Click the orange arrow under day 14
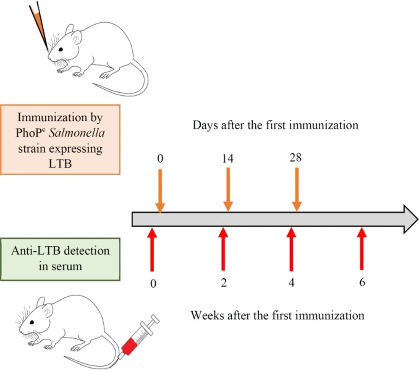coord(228,189)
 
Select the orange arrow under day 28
coord(297,189)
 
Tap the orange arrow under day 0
coord(160,191)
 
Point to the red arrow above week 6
coord(362,249)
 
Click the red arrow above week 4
coord(291,249)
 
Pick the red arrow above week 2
coord(223,249)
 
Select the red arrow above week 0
coord(152,250)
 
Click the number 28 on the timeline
coord(295,158)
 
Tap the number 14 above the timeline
coord(228,158)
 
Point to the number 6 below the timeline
coord(362,282)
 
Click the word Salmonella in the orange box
coord(77,133)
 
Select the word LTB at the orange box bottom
coord(60,163)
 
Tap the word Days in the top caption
coord(205,125)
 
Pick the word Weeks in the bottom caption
coord(207,315)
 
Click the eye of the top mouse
coord(61,49)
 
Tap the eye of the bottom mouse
coord(32,322)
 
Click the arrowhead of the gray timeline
coord(410,219)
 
